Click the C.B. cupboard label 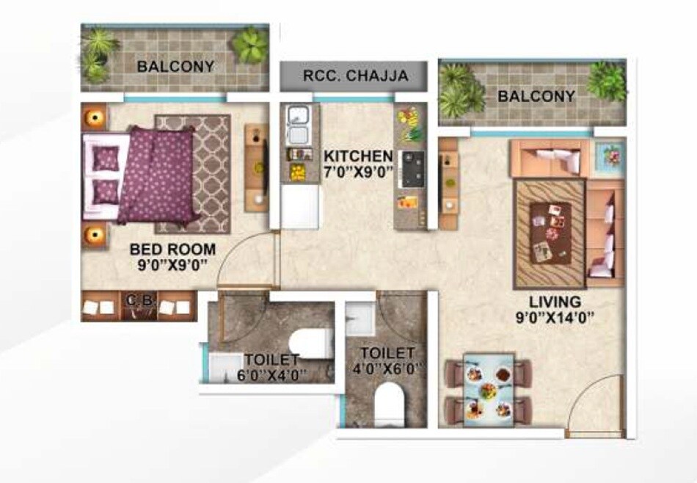[136, 299]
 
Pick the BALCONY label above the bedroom [175, 67]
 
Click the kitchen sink [299, 126]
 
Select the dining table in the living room [489, 388]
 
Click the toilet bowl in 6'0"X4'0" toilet [308, 345]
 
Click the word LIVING [555, 302]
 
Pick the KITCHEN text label [359, 156]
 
